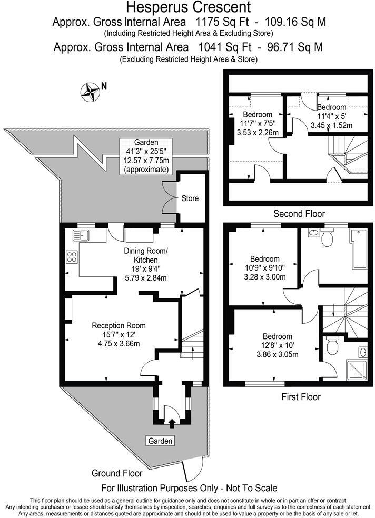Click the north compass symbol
pos(90,92)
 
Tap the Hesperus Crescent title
pos(187,7)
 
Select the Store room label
pos(190,198)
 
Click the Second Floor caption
pos(299,214)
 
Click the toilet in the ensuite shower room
pos(332,346)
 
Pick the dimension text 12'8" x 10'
pos(278,346)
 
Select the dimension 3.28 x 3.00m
pos(264,277)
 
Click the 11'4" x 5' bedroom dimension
pos(331,116)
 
